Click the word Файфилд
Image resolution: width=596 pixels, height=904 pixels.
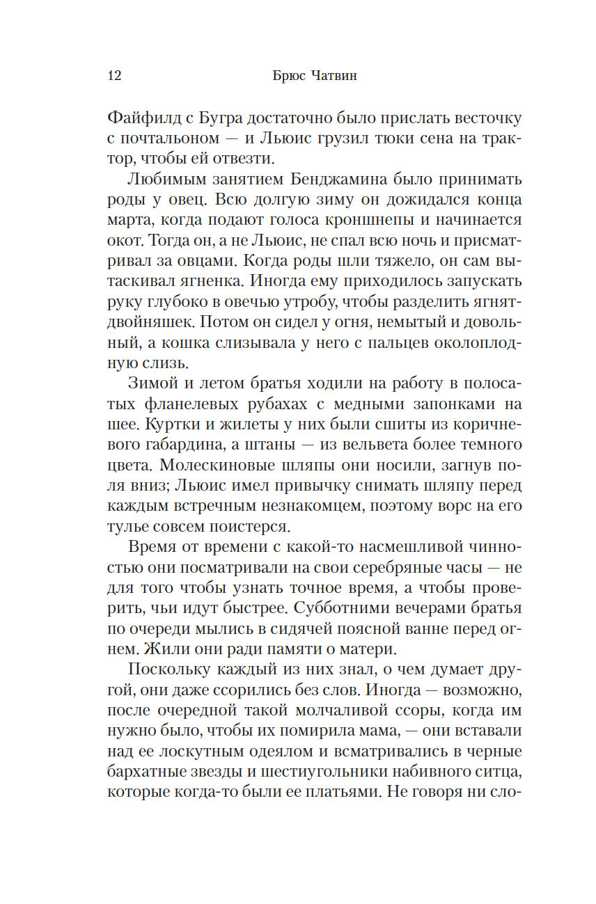143,118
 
